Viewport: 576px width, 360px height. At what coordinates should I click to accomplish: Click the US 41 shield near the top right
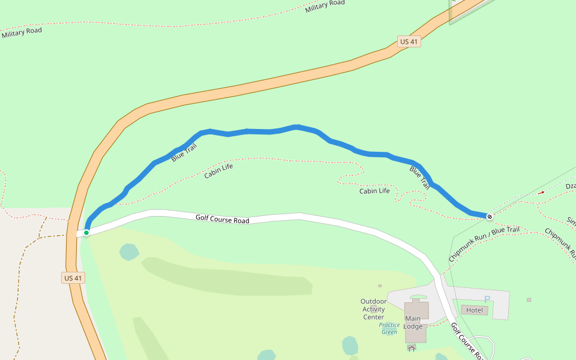point(408,41)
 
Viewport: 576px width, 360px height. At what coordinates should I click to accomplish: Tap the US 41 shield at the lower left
point(73,278)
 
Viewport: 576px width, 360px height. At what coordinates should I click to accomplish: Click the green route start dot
point(86,232)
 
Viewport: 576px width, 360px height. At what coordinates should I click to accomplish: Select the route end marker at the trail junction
point(490,216)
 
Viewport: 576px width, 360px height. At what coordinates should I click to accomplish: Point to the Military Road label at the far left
point(22,32)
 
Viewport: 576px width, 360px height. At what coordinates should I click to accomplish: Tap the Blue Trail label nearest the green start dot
point(184,152)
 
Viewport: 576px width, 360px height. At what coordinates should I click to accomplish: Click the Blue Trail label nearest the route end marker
point(420,178)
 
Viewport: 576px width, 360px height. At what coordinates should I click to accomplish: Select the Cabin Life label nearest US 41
point(218,171)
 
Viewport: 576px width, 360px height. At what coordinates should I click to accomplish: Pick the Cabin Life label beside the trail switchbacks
point(374,191)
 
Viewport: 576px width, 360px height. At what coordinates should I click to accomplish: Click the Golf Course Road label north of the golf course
point(222,219)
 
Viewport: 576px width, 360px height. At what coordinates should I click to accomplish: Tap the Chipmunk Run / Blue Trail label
point(484,244)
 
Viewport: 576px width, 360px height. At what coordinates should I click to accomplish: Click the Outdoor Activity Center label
point(373,309)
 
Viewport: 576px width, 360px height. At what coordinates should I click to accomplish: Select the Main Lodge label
point(413,322)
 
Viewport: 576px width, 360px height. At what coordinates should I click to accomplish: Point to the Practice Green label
point(389,328)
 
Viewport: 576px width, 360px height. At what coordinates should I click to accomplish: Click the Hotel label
point(475,310)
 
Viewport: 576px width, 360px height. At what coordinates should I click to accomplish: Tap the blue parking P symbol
point(487,299)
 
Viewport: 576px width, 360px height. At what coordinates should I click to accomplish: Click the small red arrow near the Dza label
point(542,193)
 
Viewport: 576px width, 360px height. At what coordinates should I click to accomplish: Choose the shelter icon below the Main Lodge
point(411,347)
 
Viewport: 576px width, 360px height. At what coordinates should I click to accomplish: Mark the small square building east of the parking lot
point(529,299)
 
